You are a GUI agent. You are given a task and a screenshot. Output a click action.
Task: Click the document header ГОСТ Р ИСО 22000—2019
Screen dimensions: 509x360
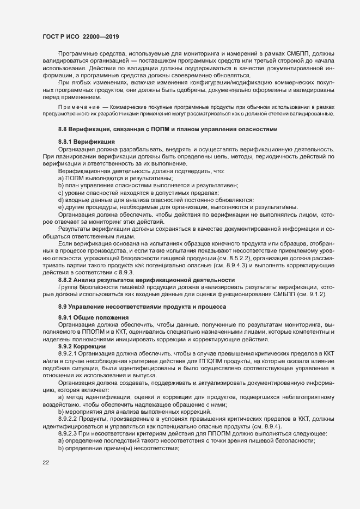click(81, 36)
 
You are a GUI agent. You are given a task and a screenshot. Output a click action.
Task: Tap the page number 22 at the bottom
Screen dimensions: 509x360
click(46, 463)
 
